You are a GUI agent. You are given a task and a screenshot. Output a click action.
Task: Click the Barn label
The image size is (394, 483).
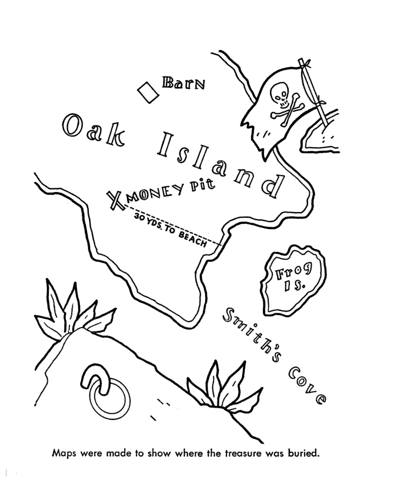[185, 82]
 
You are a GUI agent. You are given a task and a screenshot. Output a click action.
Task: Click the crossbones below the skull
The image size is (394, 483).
[288, 108]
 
